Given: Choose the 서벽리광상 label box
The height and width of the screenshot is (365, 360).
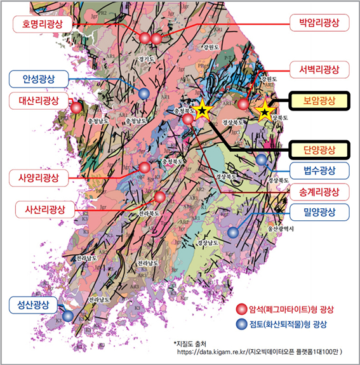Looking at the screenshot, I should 319,69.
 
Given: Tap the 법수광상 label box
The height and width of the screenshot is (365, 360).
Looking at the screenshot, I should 319,170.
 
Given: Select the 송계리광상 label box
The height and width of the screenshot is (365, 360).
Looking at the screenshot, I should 319,191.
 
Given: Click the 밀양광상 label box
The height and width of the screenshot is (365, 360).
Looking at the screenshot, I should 319,211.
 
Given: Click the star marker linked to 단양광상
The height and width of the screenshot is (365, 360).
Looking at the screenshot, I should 202,111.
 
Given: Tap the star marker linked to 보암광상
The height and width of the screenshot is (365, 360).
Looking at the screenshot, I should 264,112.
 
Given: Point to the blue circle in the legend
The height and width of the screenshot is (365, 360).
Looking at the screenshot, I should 241,324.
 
